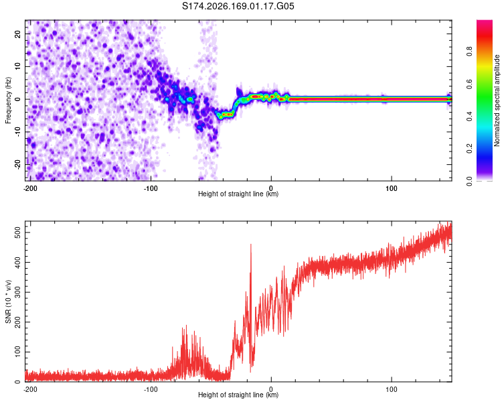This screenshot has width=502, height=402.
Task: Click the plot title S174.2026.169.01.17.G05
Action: (238, 6)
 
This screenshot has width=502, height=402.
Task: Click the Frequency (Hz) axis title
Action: (8, 100)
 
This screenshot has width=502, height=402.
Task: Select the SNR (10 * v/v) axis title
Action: (8, 301)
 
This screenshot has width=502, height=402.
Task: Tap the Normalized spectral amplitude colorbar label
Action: (497, 100)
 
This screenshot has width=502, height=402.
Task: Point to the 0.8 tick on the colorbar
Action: (469, 52)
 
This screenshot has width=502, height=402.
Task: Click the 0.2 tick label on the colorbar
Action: (469, 149)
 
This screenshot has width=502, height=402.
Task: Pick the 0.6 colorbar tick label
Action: (469, 84)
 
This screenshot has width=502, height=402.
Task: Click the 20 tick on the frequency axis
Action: (18, 34)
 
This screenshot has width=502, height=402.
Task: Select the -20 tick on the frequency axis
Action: (18, 165)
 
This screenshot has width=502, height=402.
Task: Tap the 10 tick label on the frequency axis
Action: (18, 66)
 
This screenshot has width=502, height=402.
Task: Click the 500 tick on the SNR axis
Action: (18, 232)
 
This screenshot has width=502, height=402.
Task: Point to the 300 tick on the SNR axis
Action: (18, 292)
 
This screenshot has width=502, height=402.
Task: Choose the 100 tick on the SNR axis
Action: (18, 352)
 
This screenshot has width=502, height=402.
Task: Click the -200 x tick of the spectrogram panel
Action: (30, 188)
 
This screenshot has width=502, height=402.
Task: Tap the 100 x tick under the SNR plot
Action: (392, 389)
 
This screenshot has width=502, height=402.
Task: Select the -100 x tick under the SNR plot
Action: (151, 389)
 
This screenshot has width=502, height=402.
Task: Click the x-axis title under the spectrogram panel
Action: (238, 194)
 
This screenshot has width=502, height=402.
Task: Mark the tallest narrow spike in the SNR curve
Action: (251, 245)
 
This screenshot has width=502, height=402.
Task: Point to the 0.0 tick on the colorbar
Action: (469, 181)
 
